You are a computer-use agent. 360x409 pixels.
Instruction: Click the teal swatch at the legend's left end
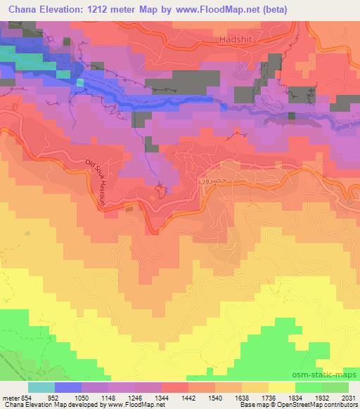[41, 387]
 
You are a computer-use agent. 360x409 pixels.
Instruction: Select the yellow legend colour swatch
[281, 387]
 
